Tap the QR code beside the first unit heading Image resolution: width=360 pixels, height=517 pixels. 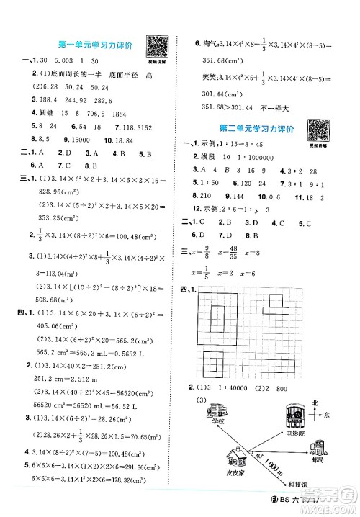[x=156, y=45]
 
